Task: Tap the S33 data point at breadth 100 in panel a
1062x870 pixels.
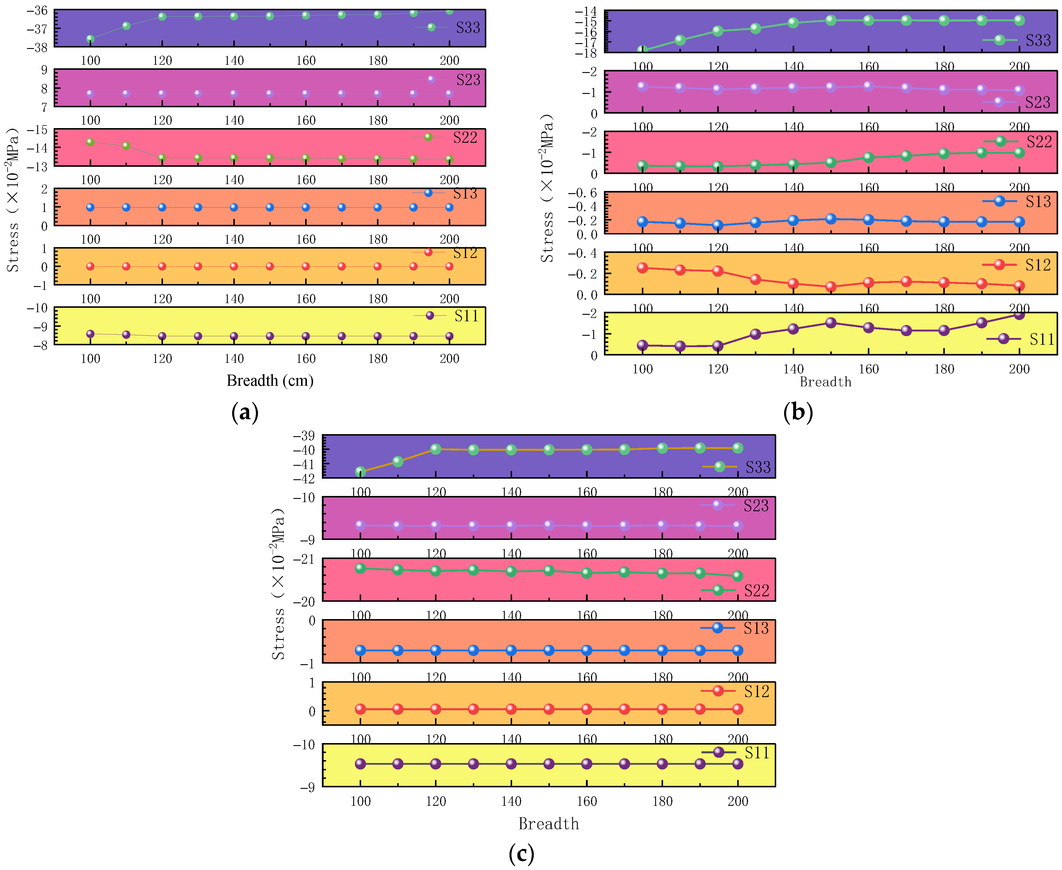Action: point(90,39)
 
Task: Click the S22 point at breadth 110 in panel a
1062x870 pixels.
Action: point(126,146)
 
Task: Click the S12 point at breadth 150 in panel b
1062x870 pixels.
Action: point(830,287)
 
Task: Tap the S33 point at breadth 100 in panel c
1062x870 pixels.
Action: point(360,472)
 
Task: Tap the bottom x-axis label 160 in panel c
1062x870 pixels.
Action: point(586,801)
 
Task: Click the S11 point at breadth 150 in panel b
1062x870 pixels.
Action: point(830,323)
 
